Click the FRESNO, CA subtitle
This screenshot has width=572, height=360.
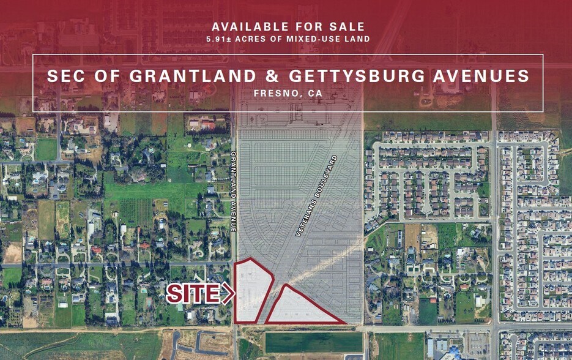point(288,93)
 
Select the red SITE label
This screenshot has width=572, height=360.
point(193,294)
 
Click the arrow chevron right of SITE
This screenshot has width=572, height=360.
point(228,294)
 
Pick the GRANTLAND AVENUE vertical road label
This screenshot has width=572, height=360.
point(233,191)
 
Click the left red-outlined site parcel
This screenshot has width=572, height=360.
point(252,291)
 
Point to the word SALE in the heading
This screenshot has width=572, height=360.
point(349,26)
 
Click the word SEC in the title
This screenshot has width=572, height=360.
point(64,76)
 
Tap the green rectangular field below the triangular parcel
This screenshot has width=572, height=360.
point(314,342)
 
